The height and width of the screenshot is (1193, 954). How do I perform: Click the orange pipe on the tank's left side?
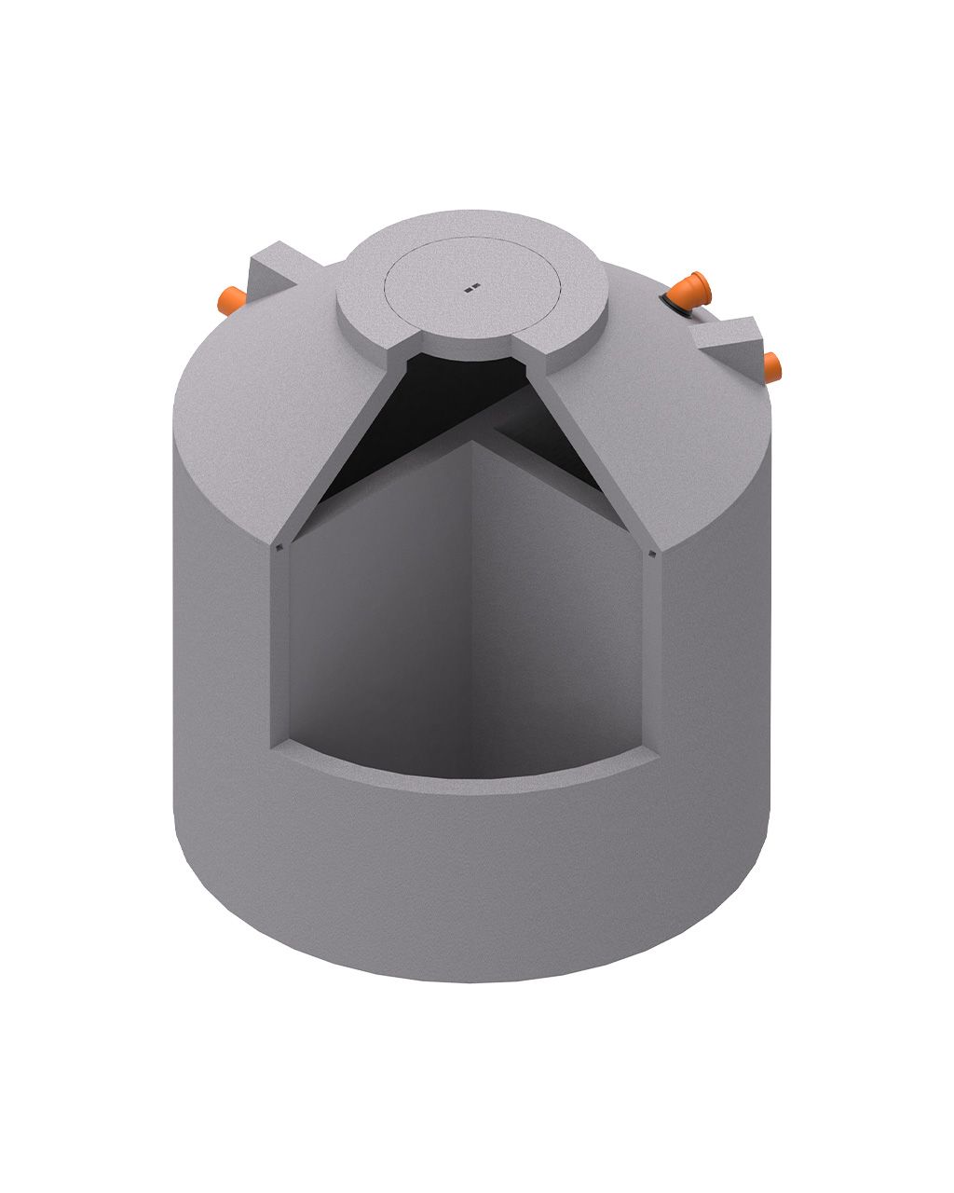(x=229, y=300)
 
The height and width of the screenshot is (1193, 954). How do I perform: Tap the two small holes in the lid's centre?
(x=472, y=288)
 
